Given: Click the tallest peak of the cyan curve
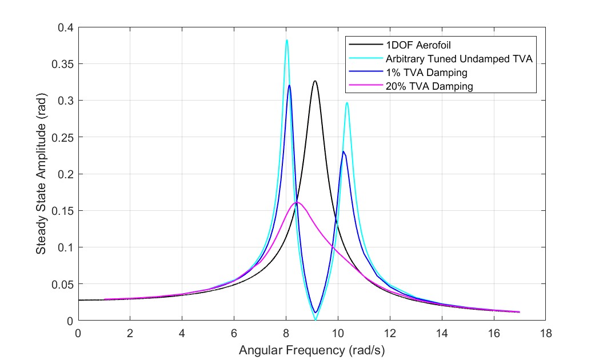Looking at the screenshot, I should (x=287, y=40).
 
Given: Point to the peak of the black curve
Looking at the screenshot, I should (x=314, y=81).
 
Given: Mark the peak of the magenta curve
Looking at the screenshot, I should (x=297, y=202).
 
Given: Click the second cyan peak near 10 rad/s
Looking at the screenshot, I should (x=347, y=103).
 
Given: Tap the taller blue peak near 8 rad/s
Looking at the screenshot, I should (x=290, y=86).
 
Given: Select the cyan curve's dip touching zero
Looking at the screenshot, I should (x=316, y=319).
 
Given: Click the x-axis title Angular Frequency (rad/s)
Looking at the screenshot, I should (x=312, y=350).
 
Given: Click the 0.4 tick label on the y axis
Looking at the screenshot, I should (x=66, y=27).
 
